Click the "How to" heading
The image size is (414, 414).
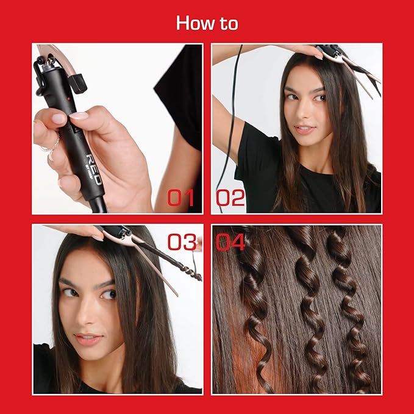[x=207, y=23]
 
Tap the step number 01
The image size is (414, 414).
[x=181, y=198]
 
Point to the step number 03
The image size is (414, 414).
[x=181, y=242]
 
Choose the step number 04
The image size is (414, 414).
[x=230, y=242]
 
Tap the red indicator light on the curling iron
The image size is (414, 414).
[x=73, y=97]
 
